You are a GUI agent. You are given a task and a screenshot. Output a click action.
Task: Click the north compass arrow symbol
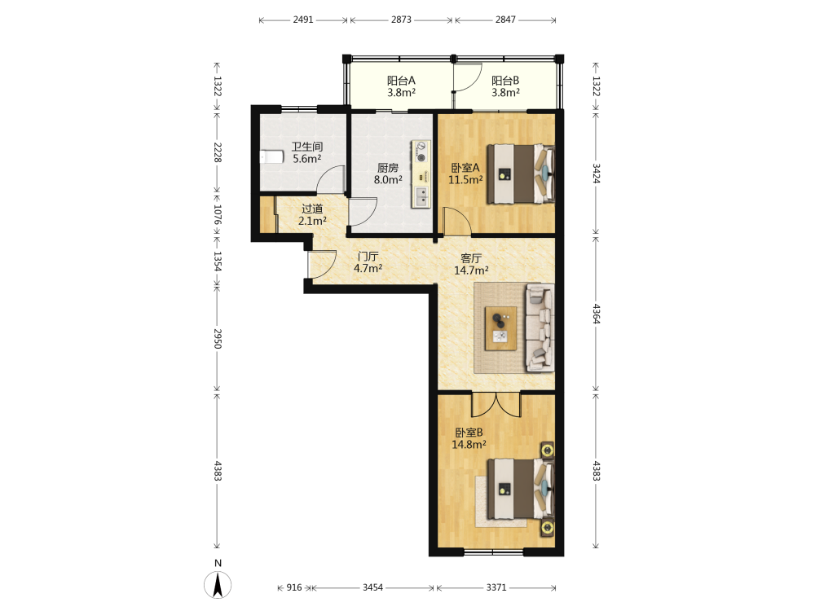point(218,584)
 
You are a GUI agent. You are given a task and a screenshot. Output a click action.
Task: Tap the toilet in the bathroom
point(271,156)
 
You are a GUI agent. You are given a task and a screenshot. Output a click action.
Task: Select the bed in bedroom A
point(520,174)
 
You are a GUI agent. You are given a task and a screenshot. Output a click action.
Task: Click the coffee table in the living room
point(500,327)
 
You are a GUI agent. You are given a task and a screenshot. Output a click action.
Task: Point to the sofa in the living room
point(540,327)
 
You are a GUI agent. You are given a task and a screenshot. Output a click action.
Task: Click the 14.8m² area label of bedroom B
point(469,445)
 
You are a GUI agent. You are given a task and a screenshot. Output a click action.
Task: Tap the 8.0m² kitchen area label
point(388,180)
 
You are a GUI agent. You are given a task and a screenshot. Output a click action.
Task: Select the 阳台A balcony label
point(401,81)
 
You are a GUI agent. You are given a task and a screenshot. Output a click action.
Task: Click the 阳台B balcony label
point(505,81)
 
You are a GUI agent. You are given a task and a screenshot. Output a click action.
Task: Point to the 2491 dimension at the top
point(303,20)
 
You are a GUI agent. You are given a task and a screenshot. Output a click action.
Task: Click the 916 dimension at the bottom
point(294,587)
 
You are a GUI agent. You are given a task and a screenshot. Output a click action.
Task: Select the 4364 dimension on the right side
point(597,314)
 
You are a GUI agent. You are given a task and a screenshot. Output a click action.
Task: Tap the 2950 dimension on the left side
point(218,339)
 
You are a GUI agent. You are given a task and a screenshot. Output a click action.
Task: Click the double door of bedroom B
point(496,404)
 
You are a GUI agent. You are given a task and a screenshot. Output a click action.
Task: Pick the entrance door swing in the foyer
point(322,264)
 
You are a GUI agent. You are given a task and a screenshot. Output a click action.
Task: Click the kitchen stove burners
point(421,152)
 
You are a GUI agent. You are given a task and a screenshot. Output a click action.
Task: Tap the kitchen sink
point(421,196)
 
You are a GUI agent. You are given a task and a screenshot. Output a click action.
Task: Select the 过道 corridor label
point(312,209)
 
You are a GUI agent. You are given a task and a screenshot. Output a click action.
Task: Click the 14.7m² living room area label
point(471,270)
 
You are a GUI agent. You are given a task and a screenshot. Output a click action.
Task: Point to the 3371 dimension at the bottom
point(496,587)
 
